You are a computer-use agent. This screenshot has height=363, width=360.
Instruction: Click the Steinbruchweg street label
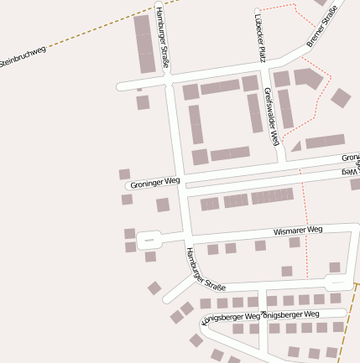coord(23,57)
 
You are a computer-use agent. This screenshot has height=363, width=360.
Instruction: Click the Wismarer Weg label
coord(298,230)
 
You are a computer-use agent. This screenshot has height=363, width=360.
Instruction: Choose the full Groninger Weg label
coord(154,182)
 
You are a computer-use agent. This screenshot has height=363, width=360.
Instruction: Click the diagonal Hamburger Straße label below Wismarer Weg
coord(206,269)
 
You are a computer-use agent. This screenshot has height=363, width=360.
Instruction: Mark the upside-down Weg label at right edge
coord(350,171)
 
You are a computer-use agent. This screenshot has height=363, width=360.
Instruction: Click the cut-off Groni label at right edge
coord(350,158)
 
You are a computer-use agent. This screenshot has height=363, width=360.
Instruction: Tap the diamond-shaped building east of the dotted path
coord(341,97)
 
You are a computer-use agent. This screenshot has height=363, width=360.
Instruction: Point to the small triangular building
coord(296,146)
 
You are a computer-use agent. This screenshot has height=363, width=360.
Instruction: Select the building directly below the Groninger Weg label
coord(163,205)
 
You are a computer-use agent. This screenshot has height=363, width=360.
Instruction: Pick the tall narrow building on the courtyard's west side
coord(196,124)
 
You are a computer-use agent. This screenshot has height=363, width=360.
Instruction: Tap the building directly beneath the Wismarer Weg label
coord(295,242)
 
